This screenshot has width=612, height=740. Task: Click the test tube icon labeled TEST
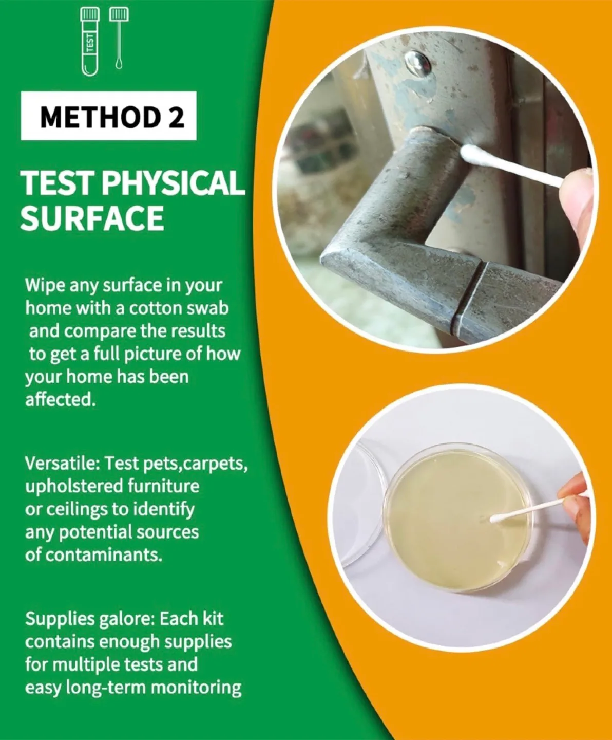(89, 41)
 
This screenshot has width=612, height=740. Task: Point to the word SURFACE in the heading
(92, 218)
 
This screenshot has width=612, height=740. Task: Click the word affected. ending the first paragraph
(61, 400)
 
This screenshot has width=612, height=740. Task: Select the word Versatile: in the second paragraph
(63, 464)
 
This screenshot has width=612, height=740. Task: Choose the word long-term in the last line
(105, 688)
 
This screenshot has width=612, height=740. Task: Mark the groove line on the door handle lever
(470, 298)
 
